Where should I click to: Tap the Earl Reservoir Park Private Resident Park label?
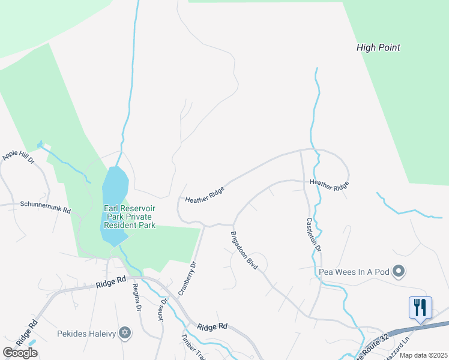click(130, 217)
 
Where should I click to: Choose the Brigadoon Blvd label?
click(244, 249)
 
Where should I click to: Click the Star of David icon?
click(125, 332)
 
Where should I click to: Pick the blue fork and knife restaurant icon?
click(420, 307)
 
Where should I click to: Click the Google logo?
click(20, 352)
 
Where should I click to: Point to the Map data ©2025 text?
click(423, 355)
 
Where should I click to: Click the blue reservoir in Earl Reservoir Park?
click(114, 204)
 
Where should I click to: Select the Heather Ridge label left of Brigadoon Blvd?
click(205, 194)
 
